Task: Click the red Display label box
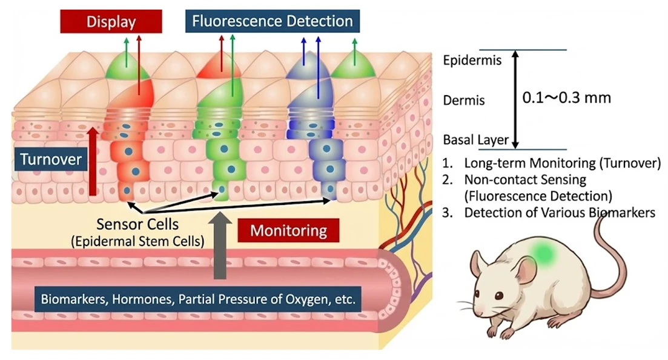tap(111, 22)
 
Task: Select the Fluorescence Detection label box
tap(273, 22)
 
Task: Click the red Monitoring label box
tap(288, 231)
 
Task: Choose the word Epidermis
tap(472, 61)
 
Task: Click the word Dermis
tap(464, 101)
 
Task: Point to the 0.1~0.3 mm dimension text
tap(566, 98)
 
